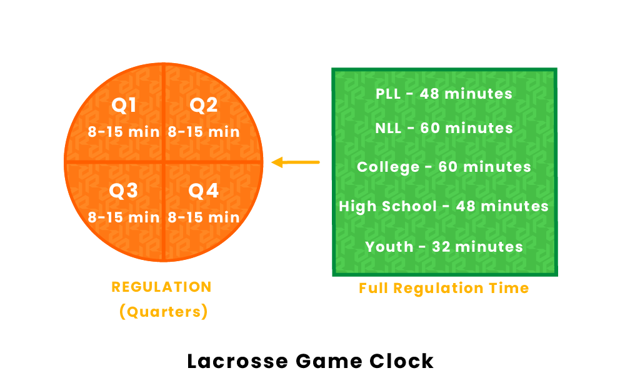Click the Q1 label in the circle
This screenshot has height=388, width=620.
click(124, 106)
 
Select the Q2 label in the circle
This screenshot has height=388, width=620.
click(204, 106)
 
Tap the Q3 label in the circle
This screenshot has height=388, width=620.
click(124, 191)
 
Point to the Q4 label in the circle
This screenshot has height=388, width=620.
click(204, 191)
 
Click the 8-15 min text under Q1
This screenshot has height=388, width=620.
click(124, 132)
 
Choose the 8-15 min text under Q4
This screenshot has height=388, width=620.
click(204, 217)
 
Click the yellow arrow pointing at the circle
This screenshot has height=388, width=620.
click(295, 162)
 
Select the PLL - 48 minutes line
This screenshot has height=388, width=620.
click(444, 94)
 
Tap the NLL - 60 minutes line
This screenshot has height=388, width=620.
click(444, 128)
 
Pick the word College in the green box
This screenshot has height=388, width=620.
click(388, 167)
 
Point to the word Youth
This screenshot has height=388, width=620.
click(389, 247)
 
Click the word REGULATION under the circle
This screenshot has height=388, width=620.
click(161, 287)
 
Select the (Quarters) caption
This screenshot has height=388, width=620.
click(163, 311)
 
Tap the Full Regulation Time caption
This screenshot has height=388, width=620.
click(444, 288)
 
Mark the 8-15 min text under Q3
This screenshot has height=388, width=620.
click(124, 217)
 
